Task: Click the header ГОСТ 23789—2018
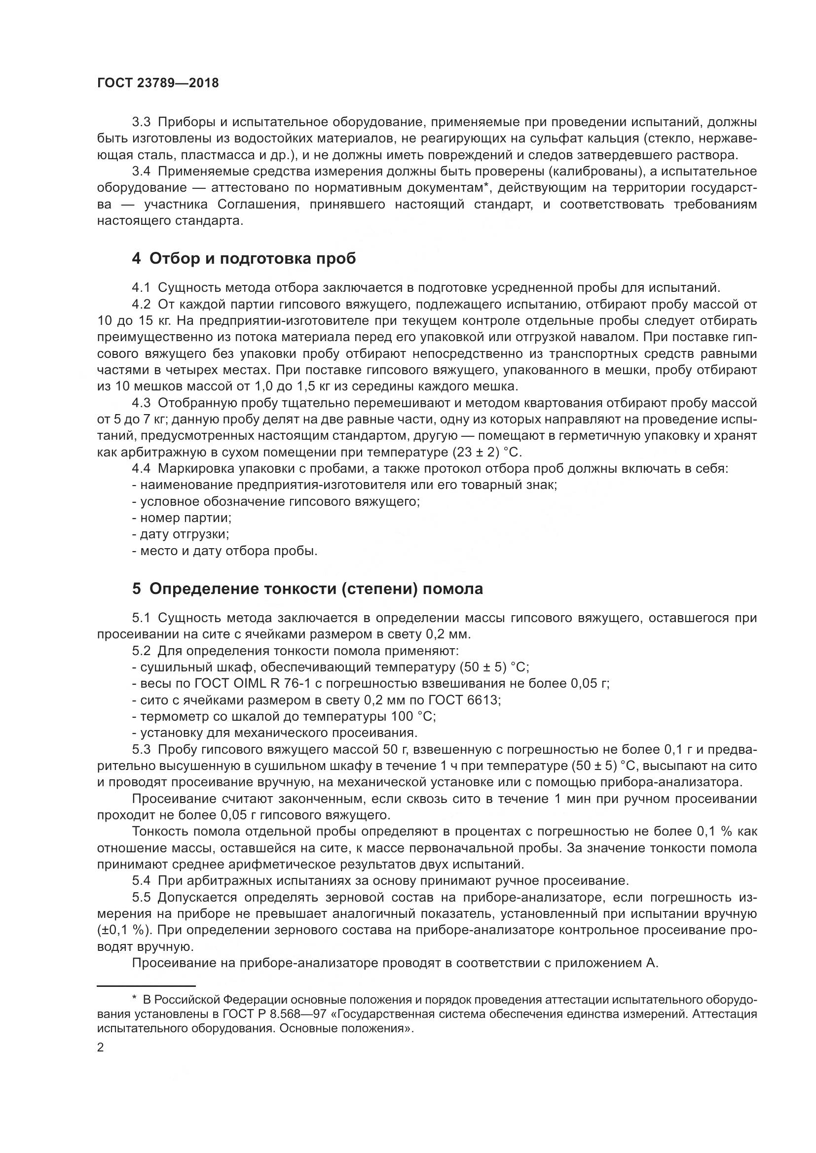(158, 83)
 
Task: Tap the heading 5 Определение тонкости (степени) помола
(307, 589)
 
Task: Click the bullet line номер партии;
(182, 518)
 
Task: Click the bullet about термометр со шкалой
(284, 716)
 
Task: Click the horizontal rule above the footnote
(146, 986)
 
